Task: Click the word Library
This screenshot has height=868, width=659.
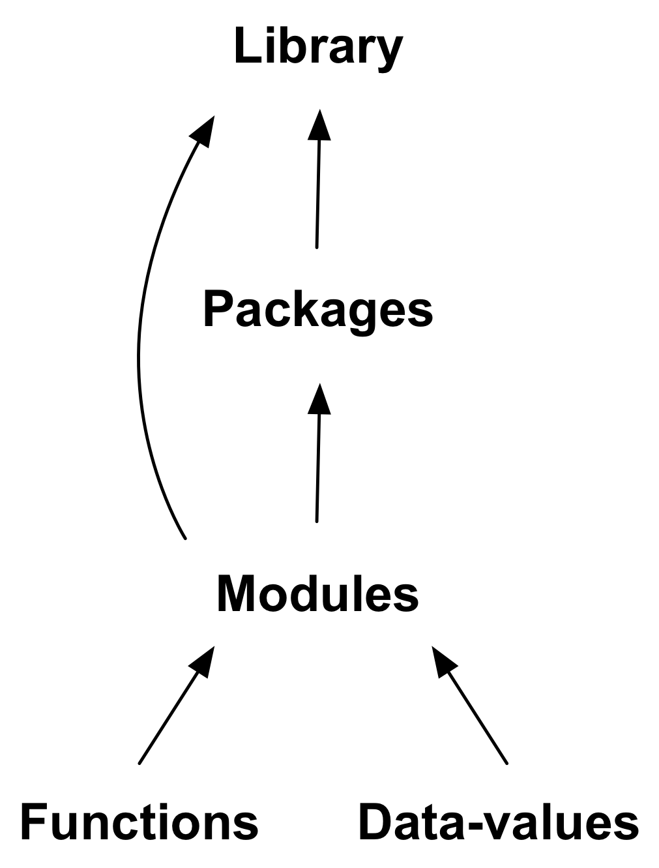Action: (319, 48)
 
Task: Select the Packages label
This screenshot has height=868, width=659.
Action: (318, 310)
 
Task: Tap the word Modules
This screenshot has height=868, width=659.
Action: (317, 594)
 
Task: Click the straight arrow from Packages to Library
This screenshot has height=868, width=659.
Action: (318, 189)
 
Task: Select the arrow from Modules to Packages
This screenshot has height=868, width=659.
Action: (318, 463)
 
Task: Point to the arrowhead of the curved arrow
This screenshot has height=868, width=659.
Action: (203, 130)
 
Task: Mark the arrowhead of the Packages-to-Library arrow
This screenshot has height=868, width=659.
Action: (319, 125)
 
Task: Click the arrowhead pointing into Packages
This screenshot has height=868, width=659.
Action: (319, 399)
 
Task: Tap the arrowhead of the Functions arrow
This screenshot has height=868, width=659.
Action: (203, 662)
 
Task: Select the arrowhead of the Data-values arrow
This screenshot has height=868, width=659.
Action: (443, 661)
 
